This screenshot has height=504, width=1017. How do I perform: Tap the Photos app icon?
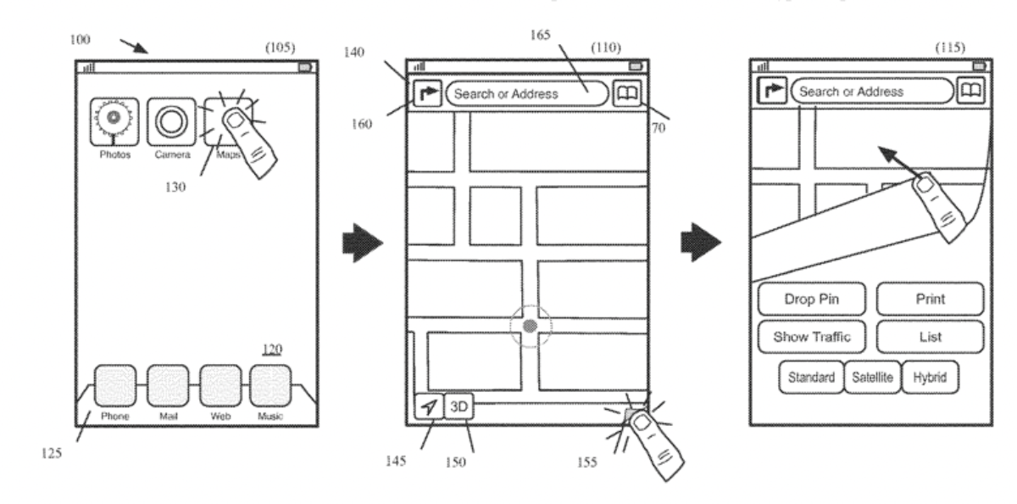coord(115,122)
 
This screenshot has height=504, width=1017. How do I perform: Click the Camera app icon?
coord(172,122)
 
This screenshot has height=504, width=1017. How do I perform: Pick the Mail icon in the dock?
coord(168,386)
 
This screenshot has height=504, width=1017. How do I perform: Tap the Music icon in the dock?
coord(270,386)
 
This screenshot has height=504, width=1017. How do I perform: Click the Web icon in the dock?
coord(220,386)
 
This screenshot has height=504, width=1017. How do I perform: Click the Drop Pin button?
coord(812,299)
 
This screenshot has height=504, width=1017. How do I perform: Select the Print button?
coord(930,299)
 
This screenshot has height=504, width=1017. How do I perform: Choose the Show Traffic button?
coord(812,337)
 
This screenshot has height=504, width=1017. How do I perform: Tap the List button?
coord(930,337)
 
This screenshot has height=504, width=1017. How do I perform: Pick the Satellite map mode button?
coord(872,378)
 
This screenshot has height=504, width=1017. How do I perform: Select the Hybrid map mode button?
coord(930,378)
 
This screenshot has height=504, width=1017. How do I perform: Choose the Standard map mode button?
coord(811,378)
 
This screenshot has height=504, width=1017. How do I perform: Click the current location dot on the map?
coord(531,326)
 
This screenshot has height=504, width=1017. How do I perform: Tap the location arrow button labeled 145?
coord(430,407)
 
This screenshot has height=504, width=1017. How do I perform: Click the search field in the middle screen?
coord(526,93)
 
